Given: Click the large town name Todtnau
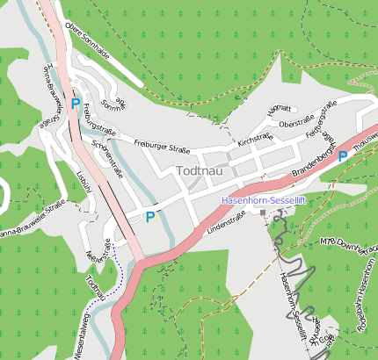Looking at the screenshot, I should [203, 171].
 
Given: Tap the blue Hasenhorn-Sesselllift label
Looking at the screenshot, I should [263, 201].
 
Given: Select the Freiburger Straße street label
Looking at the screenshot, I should [162, 141].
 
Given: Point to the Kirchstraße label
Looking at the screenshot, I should [256, 137].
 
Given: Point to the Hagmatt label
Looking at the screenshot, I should [279, 108].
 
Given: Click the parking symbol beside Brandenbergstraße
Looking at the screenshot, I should [342, 155].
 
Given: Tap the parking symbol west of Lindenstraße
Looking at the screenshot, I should [150, 216].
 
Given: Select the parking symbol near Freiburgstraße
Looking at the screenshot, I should [76, 104].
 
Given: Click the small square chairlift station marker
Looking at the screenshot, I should [263, 212].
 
